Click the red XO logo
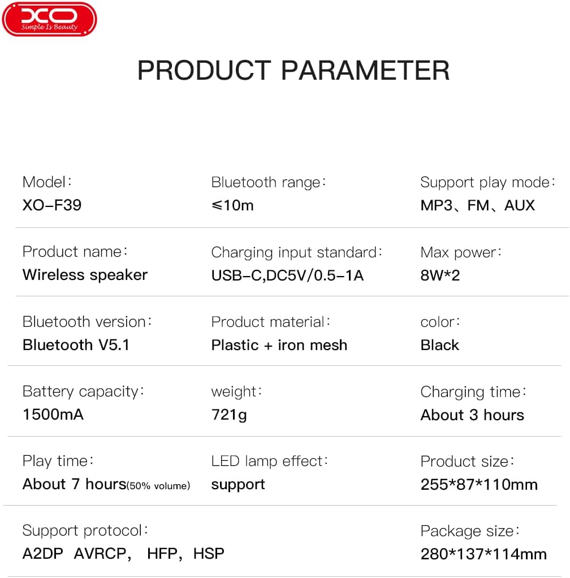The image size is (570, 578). [x=49, y=19]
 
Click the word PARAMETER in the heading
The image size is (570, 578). [x=365, y=71]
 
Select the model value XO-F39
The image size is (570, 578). [x=52, y=205]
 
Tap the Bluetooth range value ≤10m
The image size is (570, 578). [x=232, y=205]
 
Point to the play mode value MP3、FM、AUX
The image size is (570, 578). [x=477, y=205]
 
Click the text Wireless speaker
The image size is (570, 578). [x=85, y=275]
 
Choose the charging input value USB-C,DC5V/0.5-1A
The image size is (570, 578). [x=287, y=275]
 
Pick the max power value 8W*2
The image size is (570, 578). [x=440, y=275]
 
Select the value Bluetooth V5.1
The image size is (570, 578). [x=76, y=344]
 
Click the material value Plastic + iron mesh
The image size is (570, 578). [x=279, y=345]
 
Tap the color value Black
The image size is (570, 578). [x=440, y=345]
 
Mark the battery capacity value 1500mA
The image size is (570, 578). [x=53, y=415]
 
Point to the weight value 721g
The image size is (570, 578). [x=229, y=415]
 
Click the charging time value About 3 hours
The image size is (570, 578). [x=472, y=415]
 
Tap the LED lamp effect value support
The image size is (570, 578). [x=238, y=485]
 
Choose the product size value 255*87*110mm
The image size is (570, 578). [x=479, y=485]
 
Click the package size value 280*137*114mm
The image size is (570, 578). [x=483, y=554]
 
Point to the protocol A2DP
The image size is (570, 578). [x=43, y=553]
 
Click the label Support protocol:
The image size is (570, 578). [x=85, y=530]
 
